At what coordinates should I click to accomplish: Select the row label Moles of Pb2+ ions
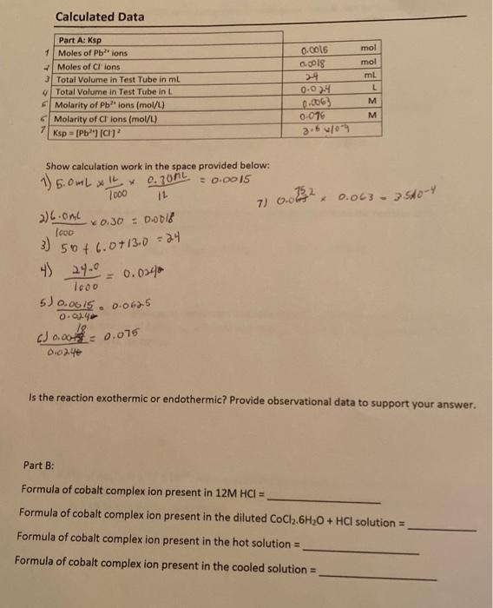(x=92, y=53)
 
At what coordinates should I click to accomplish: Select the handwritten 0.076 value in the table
(x=315, y=114)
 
